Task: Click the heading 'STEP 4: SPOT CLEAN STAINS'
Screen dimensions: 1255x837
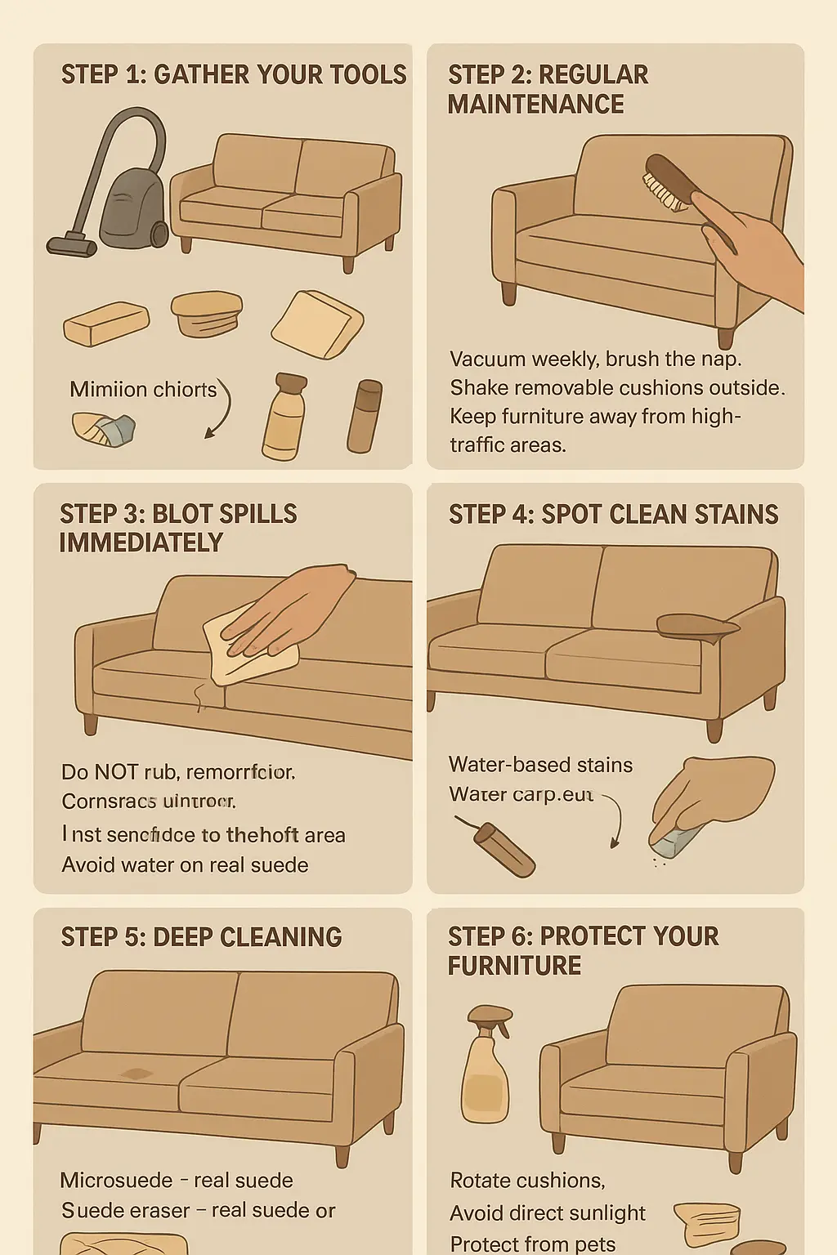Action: [x=613, y=514]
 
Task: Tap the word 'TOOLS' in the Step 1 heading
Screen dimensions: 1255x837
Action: [x=367, y=75]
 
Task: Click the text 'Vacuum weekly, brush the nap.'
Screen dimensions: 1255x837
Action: [x=595, y=359]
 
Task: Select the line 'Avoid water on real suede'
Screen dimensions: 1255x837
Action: [x=185, y=864]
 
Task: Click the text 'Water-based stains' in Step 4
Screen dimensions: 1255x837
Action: [x=540, y=765]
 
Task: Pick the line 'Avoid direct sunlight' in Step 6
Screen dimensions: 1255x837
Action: [x=548, y=1213]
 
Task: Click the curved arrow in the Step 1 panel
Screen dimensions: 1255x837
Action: [x=219, y=409]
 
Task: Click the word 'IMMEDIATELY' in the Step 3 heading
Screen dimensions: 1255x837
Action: [x=141, y=543]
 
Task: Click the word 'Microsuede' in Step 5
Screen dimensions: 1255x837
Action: [x=116, y=1180]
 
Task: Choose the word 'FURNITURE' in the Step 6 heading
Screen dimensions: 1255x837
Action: [x=514, y=966]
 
